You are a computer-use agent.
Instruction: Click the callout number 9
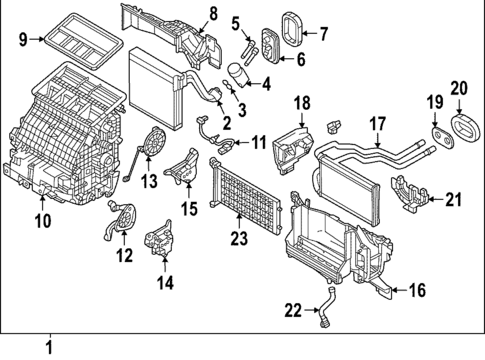point(23,41)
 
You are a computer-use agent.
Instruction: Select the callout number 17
point(377,125)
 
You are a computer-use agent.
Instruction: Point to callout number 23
point(237,240)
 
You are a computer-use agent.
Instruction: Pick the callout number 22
point(290,311)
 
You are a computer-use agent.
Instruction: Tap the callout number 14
point(164,283)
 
